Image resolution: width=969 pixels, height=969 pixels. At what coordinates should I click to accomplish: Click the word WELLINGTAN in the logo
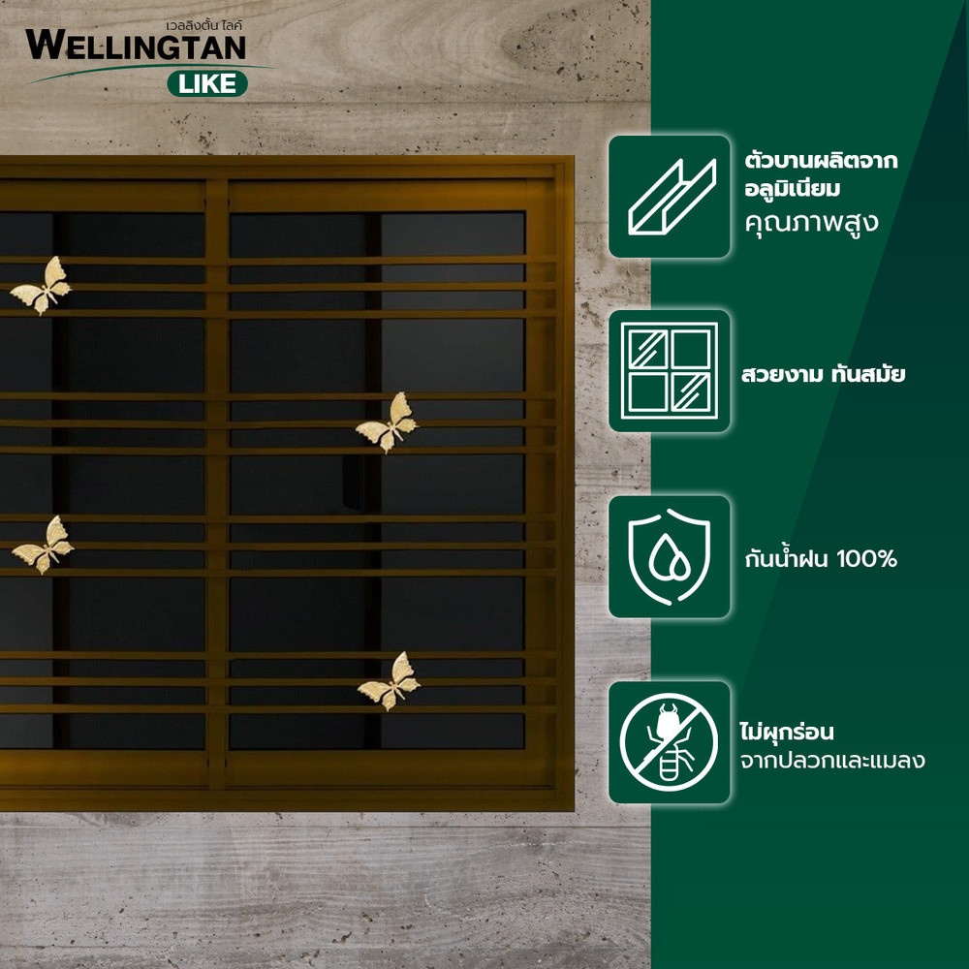pyautogui.click(x=136, y=46)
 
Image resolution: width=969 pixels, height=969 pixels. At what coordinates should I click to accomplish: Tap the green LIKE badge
pyautogui.click(x=207, y=83)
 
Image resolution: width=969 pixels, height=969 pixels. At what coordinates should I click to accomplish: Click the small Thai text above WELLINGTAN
pyautogui.click(x=203, y=25)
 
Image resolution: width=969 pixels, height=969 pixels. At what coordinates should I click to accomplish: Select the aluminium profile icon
pyautogui.click(x=670, y=197)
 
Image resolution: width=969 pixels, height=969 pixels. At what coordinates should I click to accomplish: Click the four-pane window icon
pyautogui.click(x=670, y=371)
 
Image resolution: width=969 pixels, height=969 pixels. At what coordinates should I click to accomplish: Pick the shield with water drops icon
pyautogui.click(x=670, y=556)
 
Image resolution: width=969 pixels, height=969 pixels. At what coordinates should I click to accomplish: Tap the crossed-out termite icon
pyautogui.click(x=670, y=742)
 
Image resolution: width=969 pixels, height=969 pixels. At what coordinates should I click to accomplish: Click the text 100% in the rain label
pyautogui.click(x=866, y=559)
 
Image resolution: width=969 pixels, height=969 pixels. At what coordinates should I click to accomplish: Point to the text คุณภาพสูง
pyautogui.click(x=811, y=223)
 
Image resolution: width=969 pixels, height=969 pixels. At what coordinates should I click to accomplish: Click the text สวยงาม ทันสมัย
pyautogui.click(x=823, y=374)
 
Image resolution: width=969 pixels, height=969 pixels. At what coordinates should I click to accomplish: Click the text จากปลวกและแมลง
pyautogui.click(x=832, y=760)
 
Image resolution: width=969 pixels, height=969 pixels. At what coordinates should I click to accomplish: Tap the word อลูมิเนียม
pyautogui.click(x=793, y=189)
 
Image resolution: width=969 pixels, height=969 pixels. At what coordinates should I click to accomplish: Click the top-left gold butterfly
pyautogui.click(x=41, y=285)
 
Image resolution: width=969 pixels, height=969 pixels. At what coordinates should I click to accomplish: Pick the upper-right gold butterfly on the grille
pyautogui.click(x=387, y=422)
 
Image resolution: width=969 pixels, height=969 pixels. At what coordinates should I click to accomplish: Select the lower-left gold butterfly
pyautogui.click(x=43, y=545)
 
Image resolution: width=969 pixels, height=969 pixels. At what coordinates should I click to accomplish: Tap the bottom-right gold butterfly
pyautogui.click(x=389, y=681)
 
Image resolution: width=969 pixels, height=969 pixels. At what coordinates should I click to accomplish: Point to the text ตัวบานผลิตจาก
pyautogui.click(x=822, y=160)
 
